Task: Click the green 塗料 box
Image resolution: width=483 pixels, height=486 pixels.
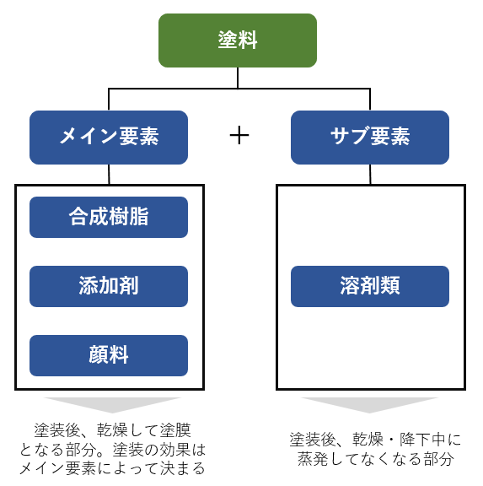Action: [238, 40]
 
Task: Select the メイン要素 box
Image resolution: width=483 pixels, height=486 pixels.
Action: [109, 138]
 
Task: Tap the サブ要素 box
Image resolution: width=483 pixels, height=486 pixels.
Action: [370, 138]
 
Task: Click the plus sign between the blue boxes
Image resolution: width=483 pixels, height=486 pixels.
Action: [239, 136]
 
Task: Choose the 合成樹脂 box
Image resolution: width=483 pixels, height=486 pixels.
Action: [109, 217]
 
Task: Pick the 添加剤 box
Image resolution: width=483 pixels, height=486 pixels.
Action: [109, 286]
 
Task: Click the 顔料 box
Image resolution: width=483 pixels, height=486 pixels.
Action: [109, 355]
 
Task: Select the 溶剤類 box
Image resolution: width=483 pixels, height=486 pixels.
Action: [370, 286]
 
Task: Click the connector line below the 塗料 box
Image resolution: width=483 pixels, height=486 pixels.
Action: [238, 78]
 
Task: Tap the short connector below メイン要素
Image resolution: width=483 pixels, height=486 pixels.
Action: [109, 175]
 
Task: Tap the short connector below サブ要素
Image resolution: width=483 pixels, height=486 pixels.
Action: [370, 175]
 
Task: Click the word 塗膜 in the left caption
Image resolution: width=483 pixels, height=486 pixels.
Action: [175, 430]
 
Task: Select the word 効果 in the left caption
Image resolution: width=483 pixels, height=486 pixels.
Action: [174, 450]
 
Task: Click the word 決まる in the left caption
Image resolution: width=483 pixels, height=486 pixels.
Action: [182, 468]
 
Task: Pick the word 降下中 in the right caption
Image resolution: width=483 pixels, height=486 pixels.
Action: [422, 440]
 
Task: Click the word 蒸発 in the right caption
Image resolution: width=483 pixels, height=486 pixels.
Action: [313, 459]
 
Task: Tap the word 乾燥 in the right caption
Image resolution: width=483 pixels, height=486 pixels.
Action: [368, 440]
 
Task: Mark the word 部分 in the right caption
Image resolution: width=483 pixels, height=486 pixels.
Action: [438, 459]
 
